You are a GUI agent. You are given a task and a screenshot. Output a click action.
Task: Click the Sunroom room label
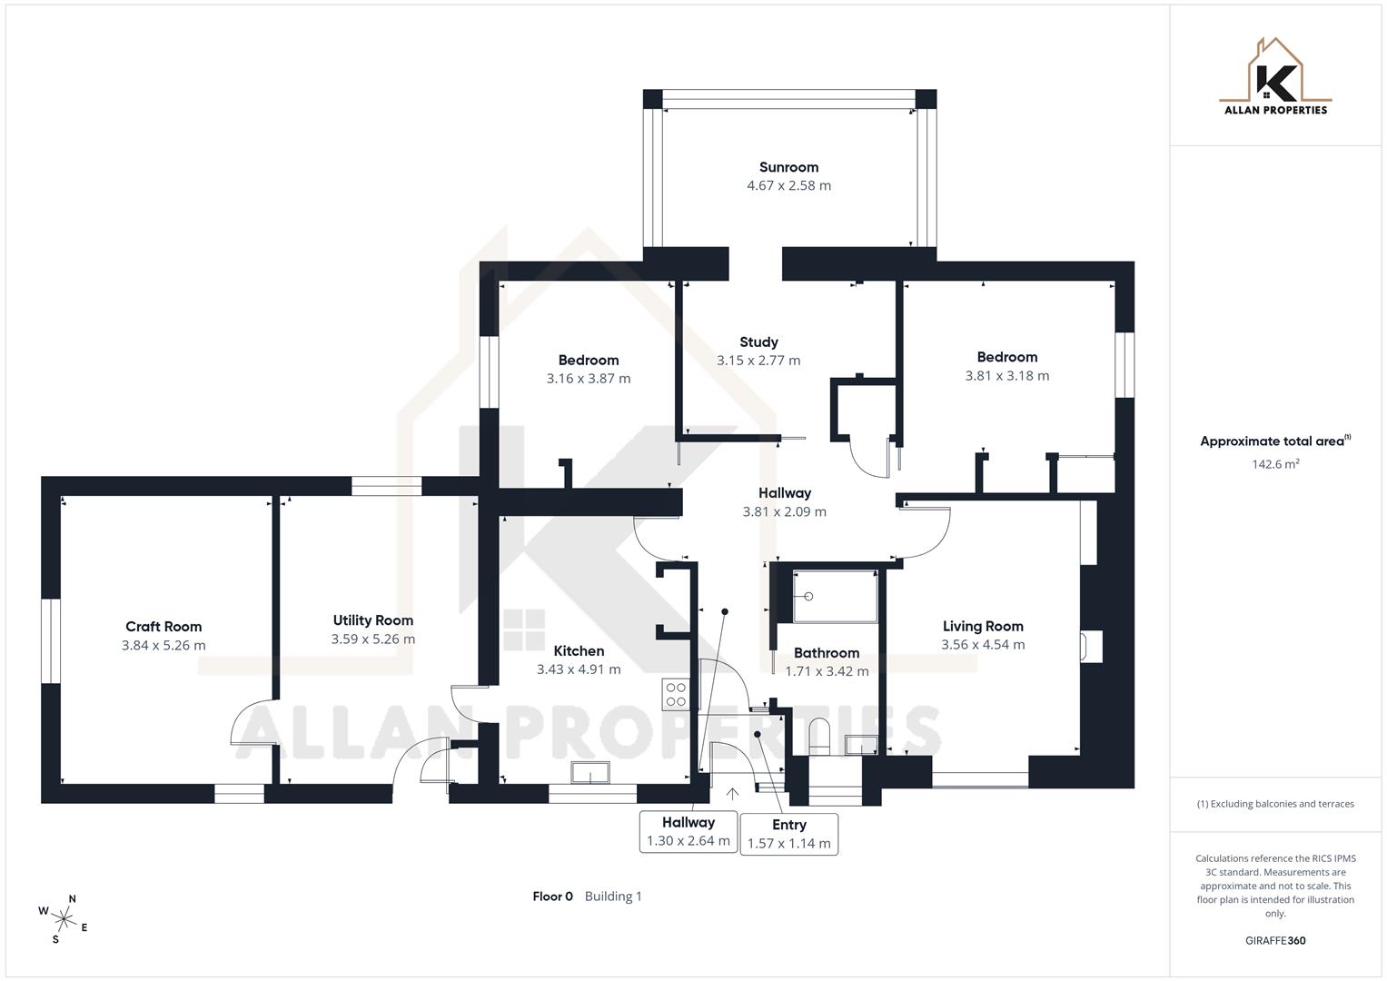click(788, 167)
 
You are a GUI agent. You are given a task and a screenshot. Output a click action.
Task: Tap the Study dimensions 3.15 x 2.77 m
click(758, 361)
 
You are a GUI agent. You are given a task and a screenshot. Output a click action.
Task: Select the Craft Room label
click(163, 627)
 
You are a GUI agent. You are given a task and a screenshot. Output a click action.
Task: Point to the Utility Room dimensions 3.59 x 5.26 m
click(372, 639)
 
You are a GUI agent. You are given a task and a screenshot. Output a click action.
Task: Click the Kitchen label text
click(579, 651)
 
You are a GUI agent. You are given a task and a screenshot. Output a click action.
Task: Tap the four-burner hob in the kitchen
click(676, 694)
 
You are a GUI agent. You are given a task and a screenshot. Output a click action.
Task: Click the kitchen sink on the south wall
click(590, 773)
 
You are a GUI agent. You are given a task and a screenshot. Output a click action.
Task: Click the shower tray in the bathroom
click(835, 597)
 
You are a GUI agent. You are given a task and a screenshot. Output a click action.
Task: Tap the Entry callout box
click(788, 834)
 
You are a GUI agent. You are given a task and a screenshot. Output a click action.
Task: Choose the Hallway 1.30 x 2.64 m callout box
click(688, 831)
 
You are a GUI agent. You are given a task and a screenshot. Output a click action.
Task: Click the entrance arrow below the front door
click(732, 794)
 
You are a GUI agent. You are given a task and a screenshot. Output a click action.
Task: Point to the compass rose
click(64, 917)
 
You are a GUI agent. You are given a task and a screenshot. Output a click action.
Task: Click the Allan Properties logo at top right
click(1275, 77)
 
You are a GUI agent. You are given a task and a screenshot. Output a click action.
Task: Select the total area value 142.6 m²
click(1275, 464)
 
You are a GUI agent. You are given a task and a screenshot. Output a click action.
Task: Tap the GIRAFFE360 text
click(1275, 941)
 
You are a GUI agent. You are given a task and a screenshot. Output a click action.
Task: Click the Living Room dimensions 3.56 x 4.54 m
click(983, 645)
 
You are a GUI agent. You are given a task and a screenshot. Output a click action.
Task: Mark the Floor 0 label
click(552, 897)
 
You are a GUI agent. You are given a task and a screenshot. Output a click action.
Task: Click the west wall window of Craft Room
click(51, 640)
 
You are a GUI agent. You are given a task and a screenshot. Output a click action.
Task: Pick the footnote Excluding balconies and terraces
click(1275, 804)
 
